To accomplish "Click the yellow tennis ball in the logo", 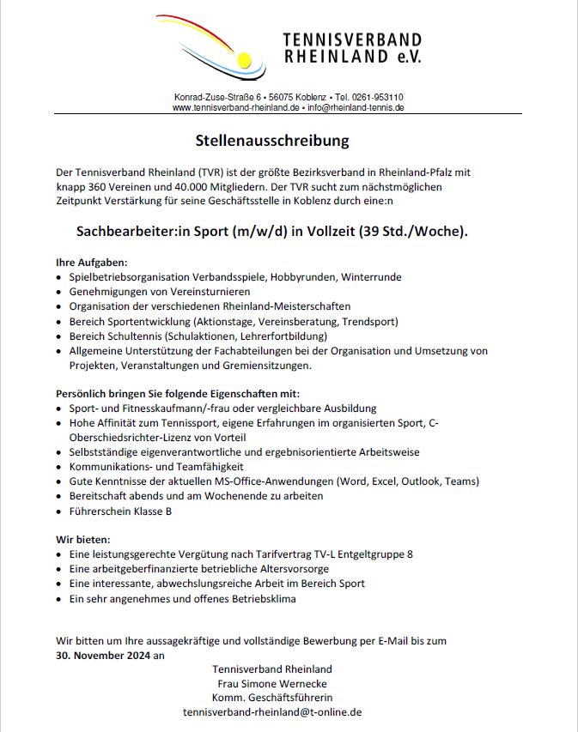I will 244,60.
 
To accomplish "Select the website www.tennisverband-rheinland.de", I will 235,108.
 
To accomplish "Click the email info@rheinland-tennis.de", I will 356,108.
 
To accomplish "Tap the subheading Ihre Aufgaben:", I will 91,261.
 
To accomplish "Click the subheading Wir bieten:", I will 83,540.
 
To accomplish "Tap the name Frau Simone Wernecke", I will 271,684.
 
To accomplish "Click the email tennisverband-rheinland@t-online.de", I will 271,712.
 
